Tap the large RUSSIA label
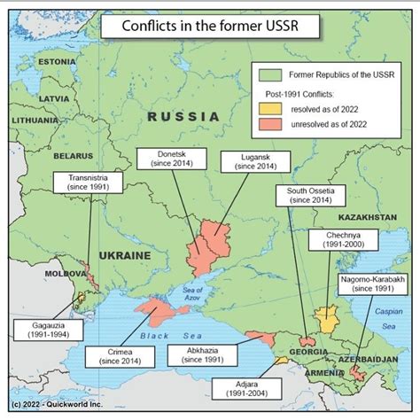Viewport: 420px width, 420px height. click(183, 116)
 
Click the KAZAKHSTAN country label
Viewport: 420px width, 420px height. click(365, 217)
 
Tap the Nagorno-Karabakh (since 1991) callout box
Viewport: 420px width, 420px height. click(372, 284)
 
